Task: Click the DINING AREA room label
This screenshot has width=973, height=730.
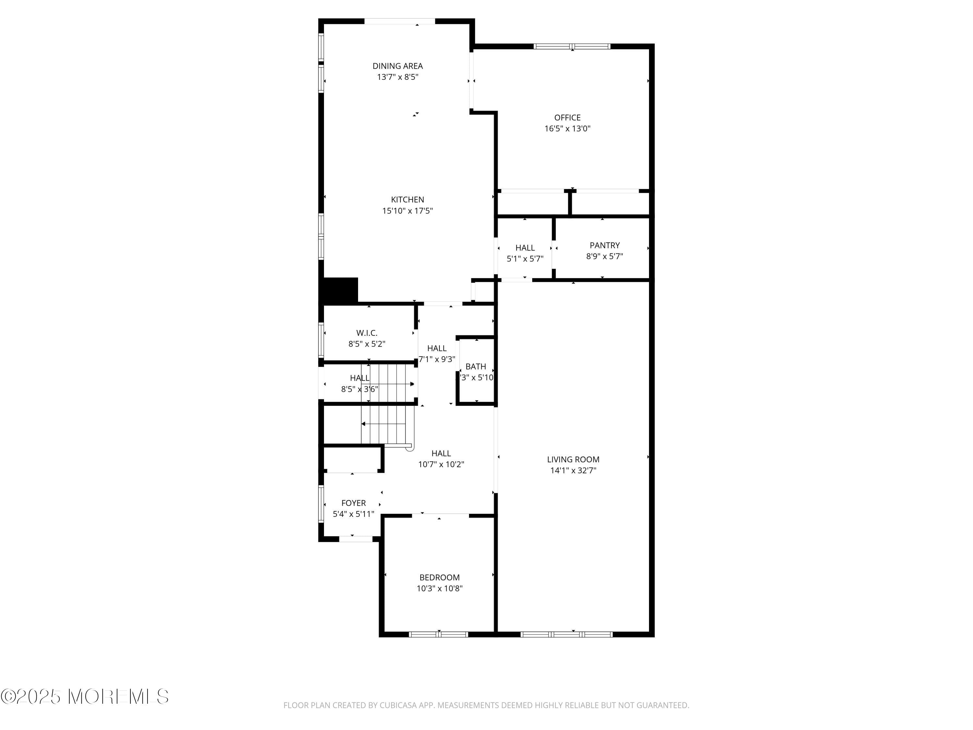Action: pyautogui.click(x=397, y=66)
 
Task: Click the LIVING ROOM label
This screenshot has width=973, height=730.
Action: pyautogui.click(x=573, y=459)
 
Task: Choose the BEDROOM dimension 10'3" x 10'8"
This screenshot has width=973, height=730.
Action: pyautogui.click(x=439, y=588)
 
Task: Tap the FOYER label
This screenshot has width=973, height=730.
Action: pyautogui.click(x=353, y=503)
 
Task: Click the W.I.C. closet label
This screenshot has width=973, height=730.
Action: pyautogui.click(x=366, y=333)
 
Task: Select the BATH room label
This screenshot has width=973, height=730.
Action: pyautogui.click(x=475, y=367)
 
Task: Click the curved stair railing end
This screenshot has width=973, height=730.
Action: pyautogui.click(x=410, y=448)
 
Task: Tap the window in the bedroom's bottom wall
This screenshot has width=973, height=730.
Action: pyautogui.click(x=438, y=634)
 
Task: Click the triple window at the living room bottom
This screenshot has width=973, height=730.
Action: pyautogui.click(x=566, y=634)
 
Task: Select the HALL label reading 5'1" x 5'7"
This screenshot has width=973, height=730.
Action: pyautogui.click(x=525, y=248)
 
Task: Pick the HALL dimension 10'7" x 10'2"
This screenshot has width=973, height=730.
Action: pyautogui.click(x=441, y=464)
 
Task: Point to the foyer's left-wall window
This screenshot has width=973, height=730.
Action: pyautogui.click(x=321, y=503)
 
